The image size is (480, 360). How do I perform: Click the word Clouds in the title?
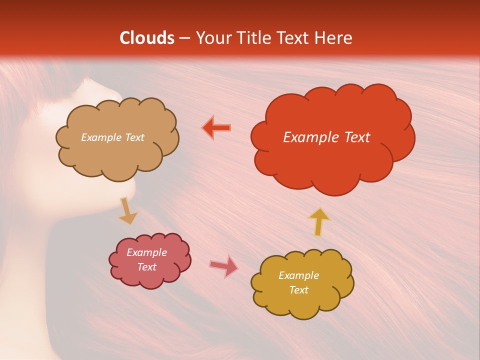147,38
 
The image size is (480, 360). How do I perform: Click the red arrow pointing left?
216,128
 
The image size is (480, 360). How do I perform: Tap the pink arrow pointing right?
224,265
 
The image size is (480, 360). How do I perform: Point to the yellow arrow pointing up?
318,221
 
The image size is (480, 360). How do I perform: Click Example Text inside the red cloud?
326,137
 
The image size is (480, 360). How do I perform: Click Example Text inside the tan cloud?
112,137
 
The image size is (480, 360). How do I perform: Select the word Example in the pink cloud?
146,252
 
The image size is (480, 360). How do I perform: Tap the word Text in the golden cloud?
298,290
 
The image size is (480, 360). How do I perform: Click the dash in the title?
183,38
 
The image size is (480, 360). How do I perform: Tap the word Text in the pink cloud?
146,267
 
